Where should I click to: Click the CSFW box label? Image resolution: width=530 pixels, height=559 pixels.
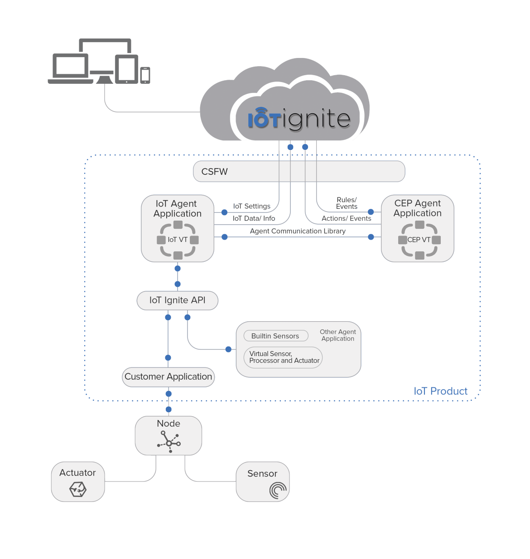pyautogui.click(x=215, y=172)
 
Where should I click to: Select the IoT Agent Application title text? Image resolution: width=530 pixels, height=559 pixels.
pyautogui.click(x=178, y=208)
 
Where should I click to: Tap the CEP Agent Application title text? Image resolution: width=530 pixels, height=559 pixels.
pyautogui.click(x=418, y=208)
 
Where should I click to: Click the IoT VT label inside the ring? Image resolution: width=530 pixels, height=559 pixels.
pyautogui.click(x=178, y=240)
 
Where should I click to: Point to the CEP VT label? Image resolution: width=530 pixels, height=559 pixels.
pyautogui.click(x=419, y=240)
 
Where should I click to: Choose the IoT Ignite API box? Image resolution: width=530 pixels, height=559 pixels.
pyautogui.click(x=178, y=300)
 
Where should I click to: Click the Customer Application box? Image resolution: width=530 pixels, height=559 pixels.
pyautogui.click(x=169, y=377)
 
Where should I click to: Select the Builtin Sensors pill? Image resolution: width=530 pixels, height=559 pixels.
pyautogui.click(x=275, y=336)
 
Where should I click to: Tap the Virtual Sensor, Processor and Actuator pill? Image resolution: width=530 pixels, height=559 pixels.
pyautogui.click(x=284, y=357)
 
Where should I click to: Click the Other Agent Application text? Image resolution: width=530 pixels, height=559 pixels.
pyautogui.click(x=338, y=335)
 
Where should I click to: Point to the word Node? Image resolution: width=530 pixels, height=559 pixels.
pyautogui.click(x=169, y=424)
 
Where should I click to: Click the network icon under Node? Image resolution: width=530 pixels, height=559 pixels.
pyautogui.click(x=169, y=442)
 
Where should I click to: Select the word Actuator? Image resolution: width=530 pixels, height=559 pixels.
pyautogui.click(x=77, y=472)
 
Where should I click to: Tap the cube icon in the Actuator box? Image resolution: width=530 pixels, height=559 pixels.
pyautogui.click(x=78, y=489)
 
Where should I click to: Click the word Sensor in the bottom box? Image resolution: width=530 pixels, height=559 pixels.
pyautogui.click(x=262, y=473)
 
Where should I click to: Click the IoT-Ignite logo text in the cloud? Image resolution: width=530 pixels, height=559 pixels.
pyautogui.click(x=299, y=119)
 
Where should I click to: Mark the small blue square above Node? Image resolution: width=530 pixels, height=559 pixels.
pyautogui.click(x=169, y=410)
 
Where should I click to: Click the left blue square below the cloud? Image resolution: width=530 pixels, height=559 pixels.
pyautogui.click(x=290, y=147)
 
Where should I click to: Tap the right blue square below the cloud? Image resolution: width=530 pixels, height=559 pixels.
pyautogui.click(x=305, y=147)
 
